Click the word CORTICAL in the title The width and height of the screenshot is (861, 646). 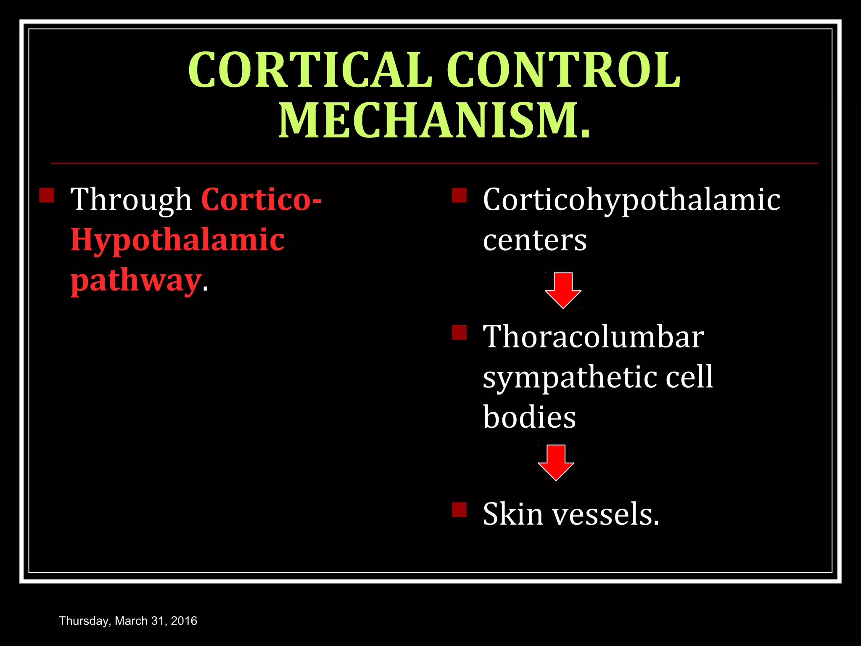coord(310,70)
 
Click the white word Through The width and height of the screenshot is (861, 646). coord(131,199)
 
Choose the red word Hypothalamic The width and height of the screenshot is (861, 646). coord(177,240)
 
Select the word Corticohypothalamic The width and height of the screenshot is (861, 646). coord(631,199)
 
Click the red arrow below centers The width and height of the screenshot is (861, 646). coord(563,290)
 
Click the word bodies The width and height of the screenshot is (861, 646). coord(530,417)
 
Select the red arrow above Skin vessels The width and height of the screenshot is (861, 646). coord(556,462)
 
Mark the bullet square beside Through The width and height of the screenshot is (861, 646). coord(47,195)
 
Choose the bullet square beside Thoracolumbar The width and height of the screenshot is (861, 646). coord(460,332)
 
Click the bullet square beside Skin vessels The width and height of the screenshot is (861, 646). coord(460,509)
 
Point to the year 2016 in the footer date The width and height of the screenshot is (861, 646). coord(184,621)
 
